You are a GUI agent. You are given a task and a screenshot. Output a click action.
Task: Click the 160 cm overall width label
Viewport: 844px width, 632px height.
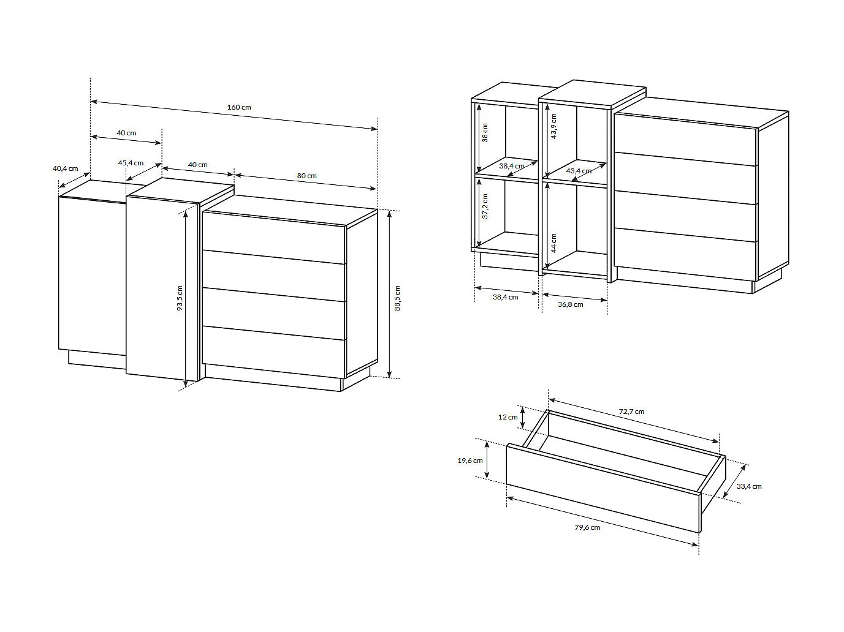239,107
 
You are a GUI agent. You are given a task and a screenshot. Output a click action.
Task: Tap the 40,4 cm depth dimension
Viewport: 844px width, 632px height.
66,168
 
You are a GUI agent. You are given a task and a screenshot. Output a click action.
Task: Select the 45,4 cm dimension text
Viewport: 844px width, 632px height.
131,163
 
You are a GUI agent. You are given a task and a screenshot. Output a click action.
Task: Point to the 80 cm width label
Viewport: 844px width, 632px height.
307,176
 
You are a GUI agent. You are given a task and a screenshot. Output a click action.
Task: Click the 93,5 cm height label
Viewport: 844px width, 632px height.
180,298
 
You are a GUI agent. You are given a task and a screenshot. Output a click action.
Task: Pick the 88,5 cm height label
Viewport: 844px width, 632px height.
397,298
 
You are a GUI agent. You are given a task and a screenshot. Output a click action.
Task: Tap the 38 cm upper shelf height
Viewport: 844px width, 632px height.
485,132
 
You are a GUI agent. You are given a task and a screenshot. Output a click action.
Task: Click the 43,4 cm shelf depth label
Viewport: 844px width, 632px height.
579,171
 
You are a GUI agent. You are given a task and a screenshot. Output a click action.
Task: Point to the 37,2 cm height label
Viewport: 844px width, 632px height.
485,206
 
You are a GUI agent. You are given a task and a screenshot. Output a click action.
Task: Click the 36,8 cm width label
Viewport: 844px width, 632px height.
571,304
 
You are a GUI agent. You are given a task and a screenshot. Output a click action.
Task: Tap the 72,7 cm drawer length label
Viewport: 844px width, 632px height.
631,412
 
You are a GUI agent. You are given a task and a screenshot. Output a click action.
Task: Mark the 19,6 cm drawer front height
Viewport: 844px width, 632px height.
470,461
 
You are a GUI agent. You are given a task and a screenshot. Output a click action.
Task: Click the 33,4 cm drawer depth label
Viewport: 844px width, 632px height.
749,486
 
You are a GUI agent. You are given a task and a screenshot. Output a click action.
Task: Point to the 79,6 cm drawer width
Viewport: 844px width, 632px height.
587,527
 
